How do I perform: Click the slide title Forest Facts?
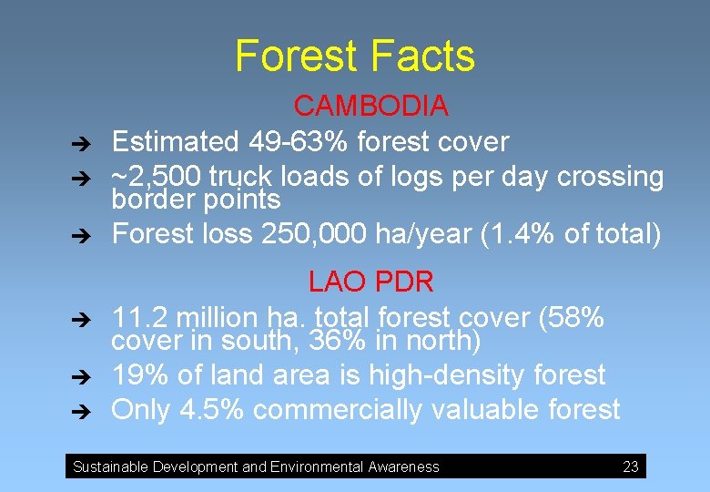click(354, 56)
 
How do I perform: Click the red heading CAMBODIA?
click(370, 106)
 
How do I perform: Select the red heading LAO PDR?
click(370, 282)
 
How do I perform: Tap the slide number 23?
click(630, 466)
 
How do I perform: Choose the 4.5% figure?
click(212, 410)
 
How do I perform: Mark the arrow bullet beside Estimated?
click(79, 144)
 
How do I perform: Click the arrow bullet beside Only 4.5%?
click(79, 412)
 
